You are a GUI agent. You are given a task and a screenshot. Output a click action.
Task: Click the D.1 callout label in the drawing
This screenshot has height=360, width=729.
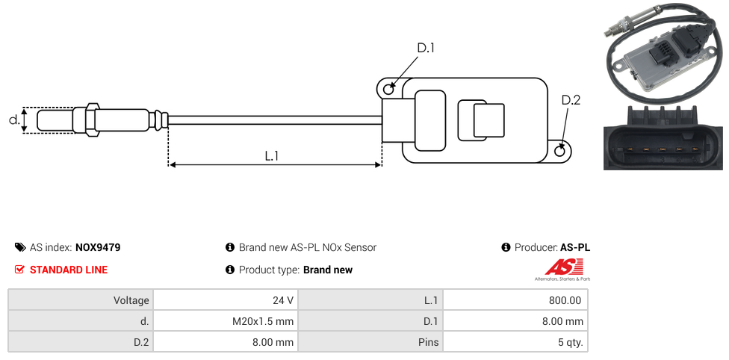click(x=425, y=48)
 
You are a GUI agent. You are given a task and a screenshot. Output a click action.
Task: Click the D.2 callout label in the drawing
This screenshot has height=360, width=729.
click(x=570, y=100)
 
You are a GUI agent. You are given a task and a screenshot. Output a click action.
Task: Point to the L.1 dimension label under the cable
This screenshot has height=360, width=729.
click(x=272, y=155)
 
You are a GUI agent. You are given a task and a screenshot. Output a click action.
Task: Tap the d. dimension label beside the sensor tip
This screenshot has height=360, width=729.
click(x=13, y=120)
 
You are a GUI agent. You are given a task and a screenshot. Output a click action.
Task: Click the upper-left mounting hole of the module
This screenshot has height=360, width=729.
click(x=388, y=90)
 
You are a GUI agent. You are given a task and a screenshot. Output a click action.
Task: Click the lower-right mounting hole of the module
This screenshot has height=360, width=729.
click(x=561, y=151)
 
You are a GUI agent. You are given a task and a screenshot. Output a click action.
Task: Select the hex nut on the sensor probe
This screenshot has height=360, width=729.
click(x=93, y=120)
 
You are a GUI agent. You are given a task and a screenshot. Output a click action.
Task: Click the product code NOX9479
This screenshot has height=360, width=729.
click(x=98, y=247)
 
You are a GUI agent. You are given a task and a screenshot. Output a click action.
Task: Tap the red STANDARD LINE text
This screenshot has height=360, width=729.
click(x=69, y=270)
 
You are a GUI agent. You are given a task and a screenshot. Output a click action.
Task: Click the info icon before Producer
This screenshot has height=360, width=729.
click(x=506, y=247)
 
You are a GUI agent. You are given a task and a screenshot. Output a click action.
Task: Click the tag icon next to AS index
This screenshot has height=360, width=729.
click(x=19, y=247)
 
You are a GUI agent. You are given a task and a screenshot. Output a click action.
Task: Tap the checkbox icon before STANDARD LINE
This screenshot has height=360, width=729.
click(x=19, y=270)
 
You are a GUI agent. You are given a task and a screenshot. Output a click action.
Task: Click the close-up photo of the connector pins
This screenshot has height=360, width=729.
click(x=663, y=137)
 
